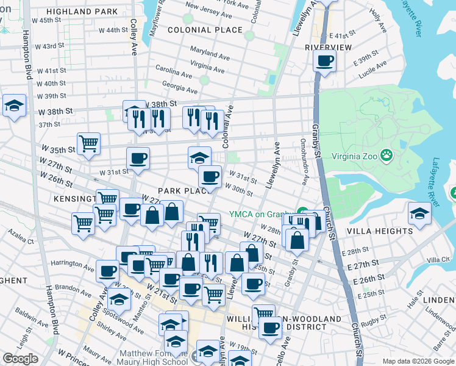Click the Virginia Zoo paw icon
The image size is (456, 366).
[387, 156]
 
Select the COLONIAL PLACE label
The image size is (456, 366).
[205, 29]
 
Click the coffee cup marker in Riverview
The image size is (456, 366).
[324, 61]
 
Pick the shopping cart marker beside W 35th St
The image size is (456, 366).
[89, 144]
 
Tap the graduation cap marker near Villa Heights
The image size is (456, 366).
[419, 213]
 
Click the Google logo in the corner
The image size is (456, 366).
[20, 359]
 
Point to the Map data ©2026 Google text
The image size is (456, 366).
[418, 361]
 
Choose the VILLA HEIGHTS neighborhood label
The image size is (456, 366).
[380, 231]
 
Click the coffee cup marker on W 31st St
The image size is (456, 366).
[138, 159]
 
